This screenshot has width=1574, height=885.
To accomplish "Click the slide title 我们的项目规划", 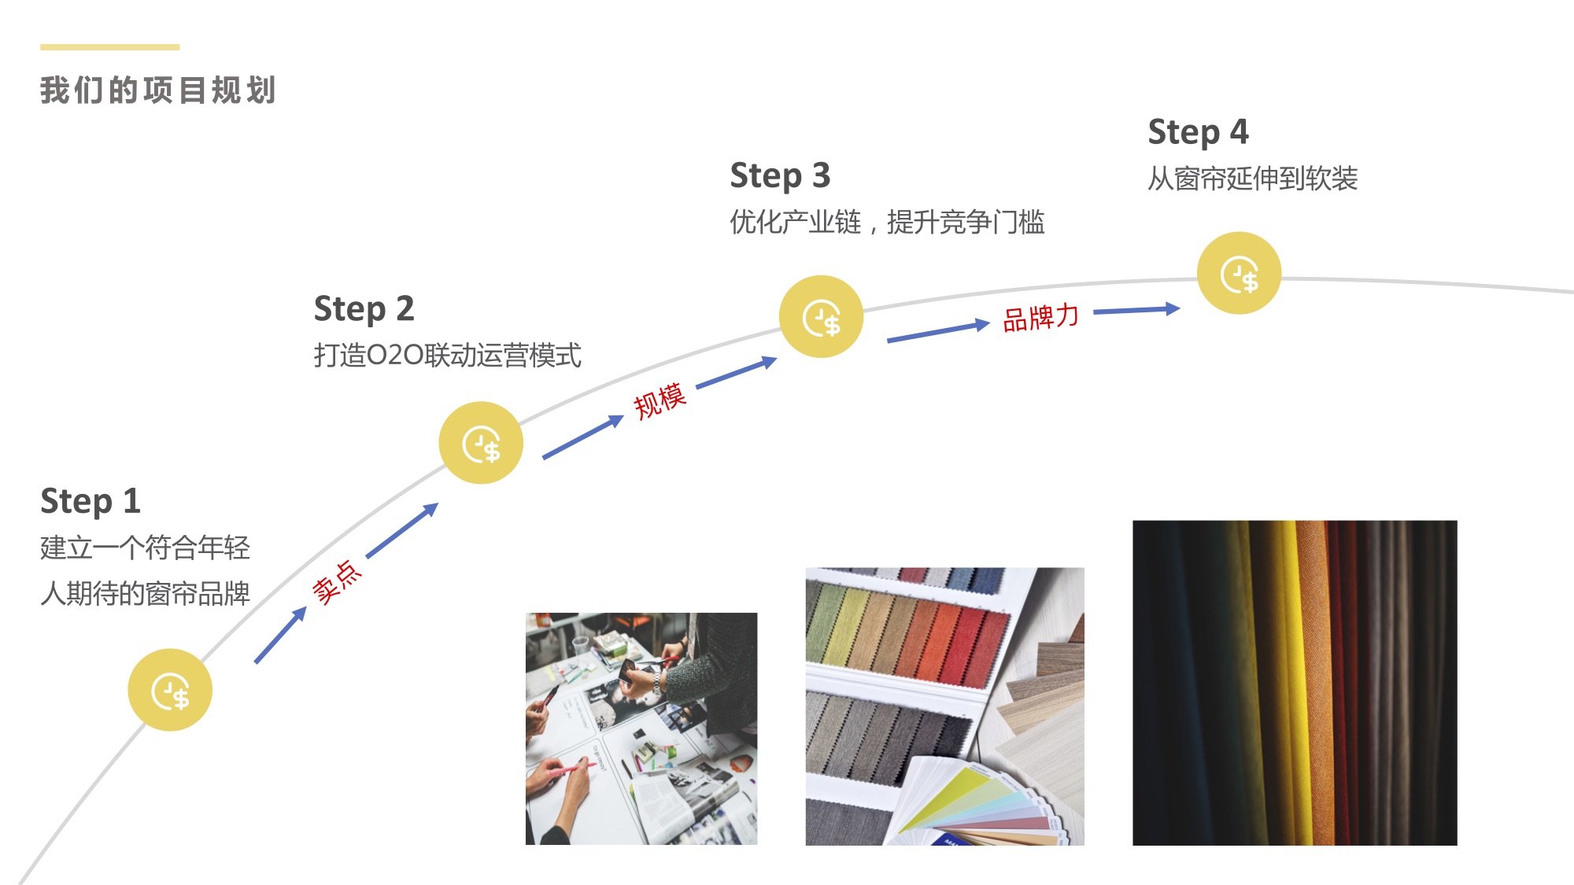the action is [x=158, y=90].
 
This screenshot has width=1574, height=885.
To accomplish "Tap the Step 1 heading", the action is [x=91, y=502].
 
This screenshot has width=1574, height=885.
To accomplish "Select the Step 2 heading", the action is [x=364, y=309].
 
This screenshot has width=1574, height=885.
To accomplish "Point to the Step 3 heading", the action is [x=780, y=176].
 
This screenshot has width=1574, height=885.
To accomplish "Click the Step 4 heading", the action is [x=1198, y=132].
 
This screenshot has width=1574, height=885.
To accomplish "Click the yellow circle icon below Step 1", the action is [x=170, y=690].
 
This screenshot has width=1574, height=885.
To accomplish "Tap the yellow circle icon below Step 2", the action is [x=481, y=443].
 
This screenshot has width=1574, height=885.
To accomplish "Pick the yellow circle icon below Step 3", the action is [x=821, y=316].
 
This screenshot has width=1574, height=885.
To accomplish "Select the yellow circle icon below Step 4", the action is [x=1239, y=273].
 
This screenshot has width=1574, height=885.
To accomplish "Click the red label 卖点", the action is [x=337, y=582].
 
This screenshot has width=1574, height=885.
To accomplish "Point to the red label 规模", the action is [x=660, y=401].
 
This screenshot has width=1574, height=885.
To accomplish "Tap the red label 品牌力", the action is [x=1040, y=318].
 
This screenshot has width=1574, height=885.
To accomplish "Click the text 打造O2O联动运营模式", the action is [x=447, y=356].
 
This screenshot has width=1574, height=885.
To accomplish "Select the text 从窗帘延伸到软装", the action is [x=1253, y=179].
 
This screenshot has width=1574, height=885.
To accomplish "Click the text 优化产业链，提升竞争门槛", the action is [x=887, y=222].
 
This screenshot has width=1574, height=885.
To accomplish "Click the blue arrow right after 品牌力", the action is [x=1137, y=310].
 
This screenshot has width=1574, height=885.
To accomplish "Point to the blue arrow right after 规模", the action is [x=737, y=372].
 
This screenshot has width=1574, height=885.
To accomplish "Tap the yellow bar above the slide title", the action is [x=110, y=47].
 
